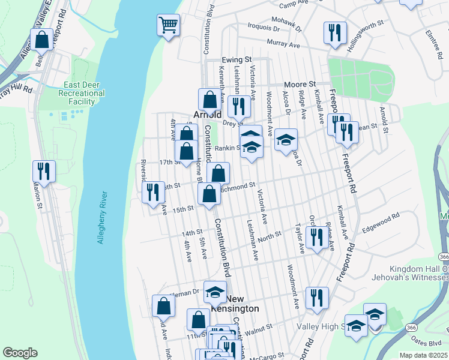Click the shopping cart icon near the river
pos(169,25)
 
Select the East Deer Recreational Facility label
pos(82,93)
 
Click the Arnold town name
pos(207,114)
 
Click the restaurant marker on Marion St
pos(44,172)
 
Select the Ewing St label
pos(236,60)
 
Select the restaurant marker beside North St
pos(316,237)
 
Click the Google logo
pos(20,353)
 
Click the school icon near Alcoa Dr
pos(286,140)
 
